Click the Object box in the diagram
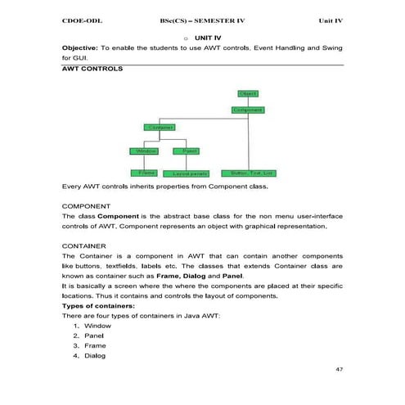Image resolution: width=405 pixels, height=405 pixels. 248,94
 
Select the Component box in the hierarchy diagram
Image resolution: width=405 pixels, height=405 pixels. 247,110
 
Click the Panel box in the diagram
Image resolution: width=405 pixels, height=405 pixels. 189,151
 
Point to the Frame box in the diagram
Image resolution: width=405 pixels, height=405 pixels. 147,173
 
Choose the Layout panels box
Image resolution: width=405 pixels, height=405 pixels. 191,173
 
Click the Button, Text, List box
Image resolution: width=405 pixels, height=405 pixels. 251,173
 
